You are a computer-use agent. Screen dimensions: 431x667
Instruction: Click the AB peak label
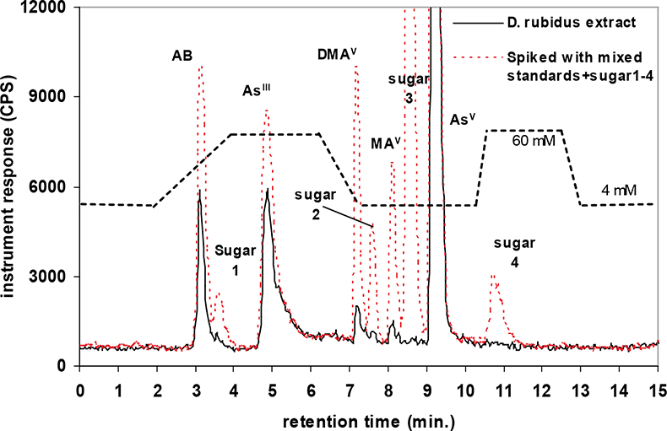pos(183,57)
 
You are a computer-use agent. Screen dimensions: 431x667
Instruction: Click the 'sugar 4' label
pos(515,252)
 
